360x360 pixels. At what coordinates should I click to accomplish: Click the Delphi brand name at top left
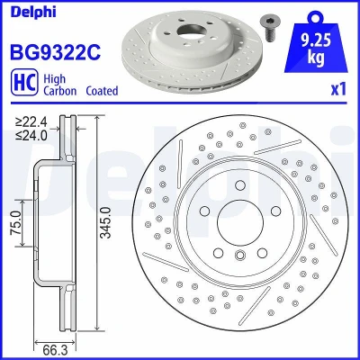click(33, 12)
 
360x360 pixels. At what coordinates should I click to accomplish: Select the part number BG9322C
click(56, 52)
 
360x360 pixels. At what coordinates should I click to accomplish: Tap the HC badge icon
click(24, 82)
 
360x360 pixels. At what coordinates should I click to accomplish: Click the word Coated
click(102, 91)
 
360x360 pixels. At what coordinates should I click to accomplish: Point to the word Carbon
click(60, 91)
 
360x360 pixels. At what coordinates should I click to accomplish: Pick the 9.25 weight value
click(316, 41)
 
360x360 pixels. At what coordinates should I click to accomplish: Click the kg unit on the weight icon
click(316, 58)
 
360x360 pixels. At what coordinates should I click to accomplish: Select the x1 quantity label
click(338, 89)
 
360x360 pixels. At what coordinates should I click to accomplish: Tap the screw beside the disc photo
click(269, 28)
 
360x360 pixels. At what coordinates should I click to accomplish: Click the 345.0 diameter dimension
click(105, 222)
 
